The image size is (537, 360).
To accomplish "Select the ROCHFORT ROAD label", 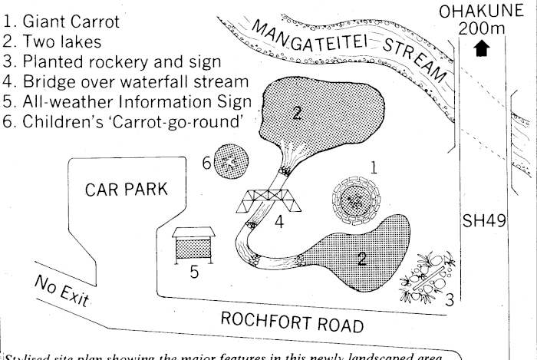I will (292, 323).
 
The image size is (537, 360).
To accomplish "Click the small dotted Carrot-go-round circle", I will (229, 161).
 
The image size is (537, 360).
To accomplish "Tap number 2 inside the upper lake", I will (295, 114).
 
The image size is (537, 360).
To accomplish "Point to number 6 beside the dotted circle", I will (206, 163).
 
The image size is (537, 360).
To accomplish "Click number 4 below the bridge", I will (280, 223).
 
